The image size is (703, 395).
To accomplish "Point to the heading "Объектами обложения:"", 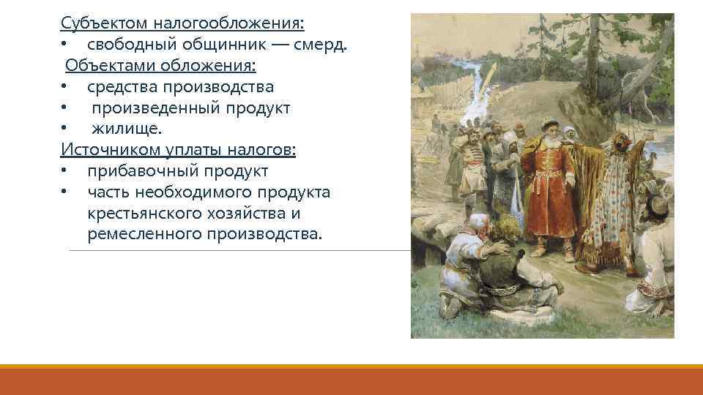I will click(160, 67).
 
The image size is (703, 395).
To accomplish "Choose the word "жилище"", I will click(124, 129).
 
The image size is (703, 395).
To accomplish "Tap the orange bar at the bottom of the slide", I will click(351, 380).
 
